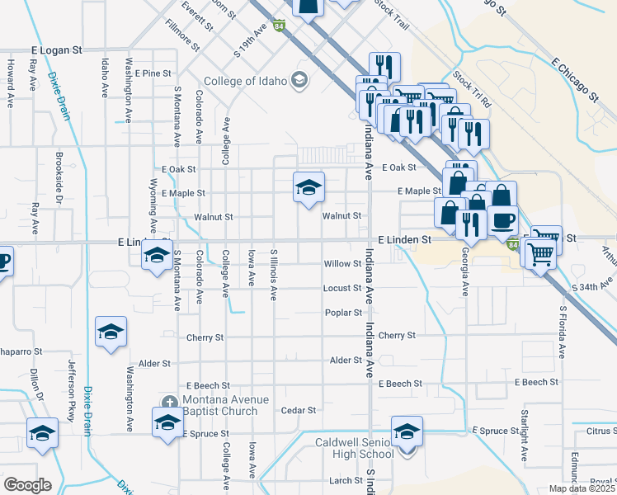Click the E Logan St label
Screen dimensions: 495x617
click(x=57, y=50)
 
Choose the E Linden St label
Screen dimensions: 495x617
click(x=405, y=239)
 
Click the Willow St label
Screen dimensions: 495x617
click(x=342, y=265)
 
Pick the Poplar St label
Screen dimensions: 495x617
click(x=343, y=313)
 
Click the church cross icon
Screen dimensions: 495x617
click(x=169, y=402)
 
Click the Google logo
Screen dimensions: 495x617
click(x=27, y=485)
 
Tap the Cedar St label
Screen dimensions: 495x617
click(x=299, y=410)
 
